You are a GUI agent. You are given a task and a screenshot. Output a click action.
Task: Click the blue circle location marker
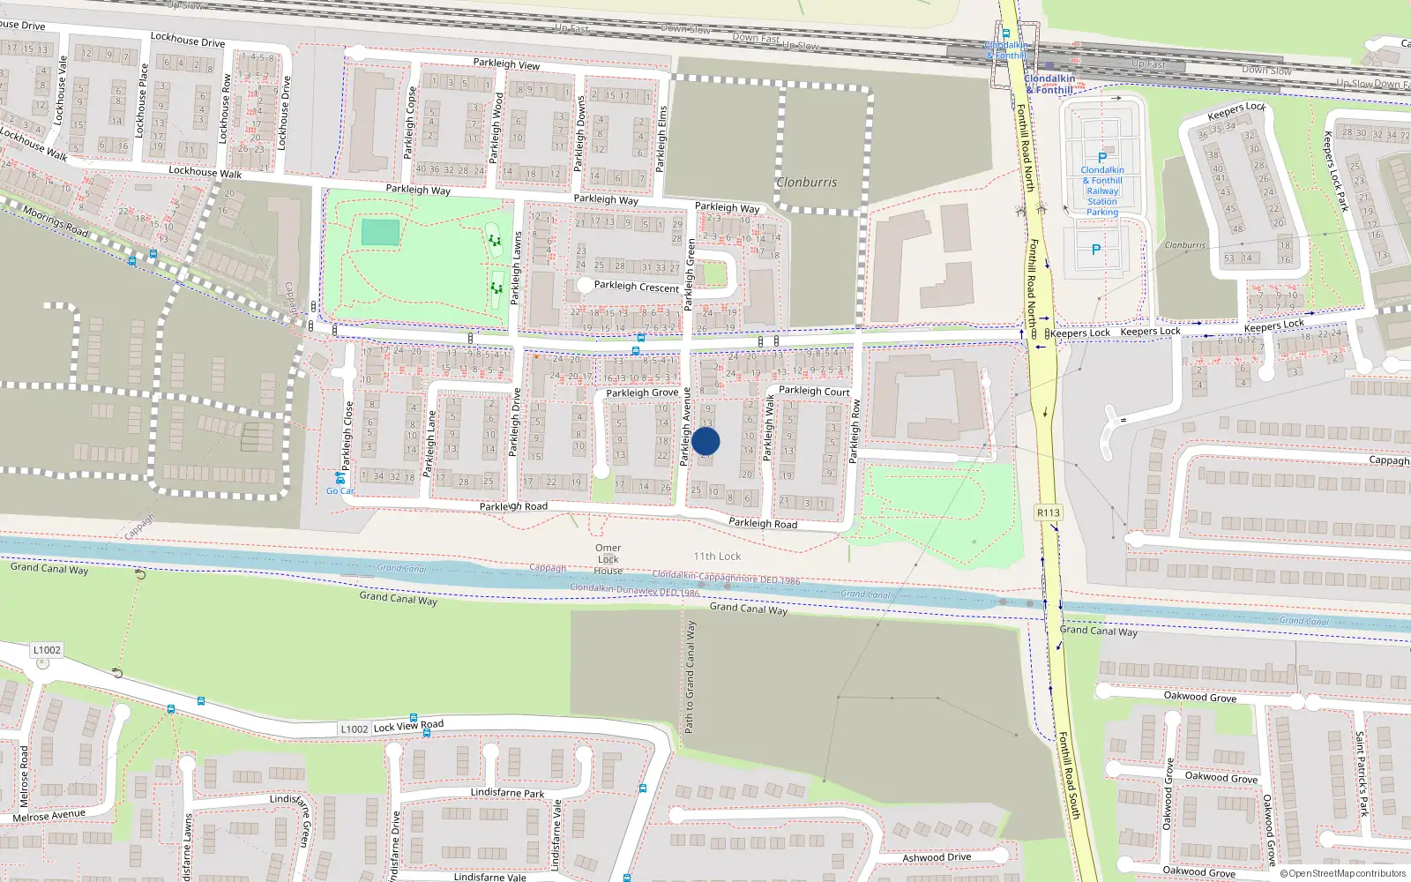pyautogui.click(x=705, y=441)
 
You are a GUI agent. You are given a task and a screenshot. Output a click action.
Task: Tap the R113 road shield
pyautogui.click(x=1048, y=512)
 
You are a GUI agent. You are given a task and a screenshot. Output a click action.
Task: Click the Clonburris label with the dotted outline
pyautogui.click(x=807, y=183)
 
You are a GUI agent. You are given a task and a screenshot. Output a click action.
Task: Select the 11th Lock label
pyautogui.click(x=717, y=557)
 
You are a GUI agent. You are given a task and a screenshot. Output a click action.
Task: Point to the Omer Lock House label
pyautogui.click(x=608, y=559)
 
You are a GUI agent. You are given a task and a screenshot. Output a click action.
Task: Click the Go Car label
pyautogui.click(x=340, y=491)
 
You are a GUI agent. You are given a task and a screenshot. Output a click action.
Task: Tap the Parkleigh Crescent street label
pyautogui.click(x=637, y=287)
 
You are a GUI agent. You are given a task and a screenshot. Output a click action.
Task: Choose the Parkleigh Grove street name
pyautogui.click(x=642, y=392)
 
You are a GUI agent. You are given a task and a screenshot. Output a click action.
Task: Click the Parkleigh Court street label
pyautogui.click(x=814, y=391)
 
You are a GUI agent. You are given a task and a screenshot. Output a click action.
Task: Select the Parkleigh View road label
pyautogui.click(x=506, y=64)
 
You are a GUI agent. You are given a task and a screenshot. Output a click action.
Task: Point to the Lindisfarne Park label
pyautogui.click(x=507, y=793)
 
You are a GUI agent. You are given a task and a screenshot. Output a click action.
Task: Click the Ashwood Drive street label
pyautogui.click(x=937, y=857)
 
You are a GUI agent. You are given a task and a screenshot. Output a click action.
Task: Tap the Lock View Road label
pyautogui.click(x=408, y=726)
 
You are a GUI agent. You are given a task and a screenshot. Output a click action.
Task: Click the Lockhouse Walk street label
pyautogui.click(x=205, y=172)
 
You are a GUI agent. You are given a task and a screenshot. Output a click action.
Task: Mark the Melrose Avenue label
pyautogui.click(x=49, y=816)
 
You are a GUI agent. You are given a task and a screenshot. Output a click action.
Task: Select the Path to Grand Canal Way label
pyautogui.click(x=690, y=677)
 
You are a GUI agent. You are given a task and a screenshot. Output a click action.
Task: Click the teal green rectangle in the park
pyautogui.click(x=380, y=233)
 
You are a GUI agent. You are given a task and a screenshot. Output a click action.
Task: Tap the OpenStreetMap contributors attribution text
pyautogui.click(x=1343, y=874)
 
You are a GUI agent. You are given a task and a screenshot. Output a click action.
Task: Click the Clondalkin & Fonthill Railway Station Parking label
pyautogui.click(x=1102, y=191)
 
